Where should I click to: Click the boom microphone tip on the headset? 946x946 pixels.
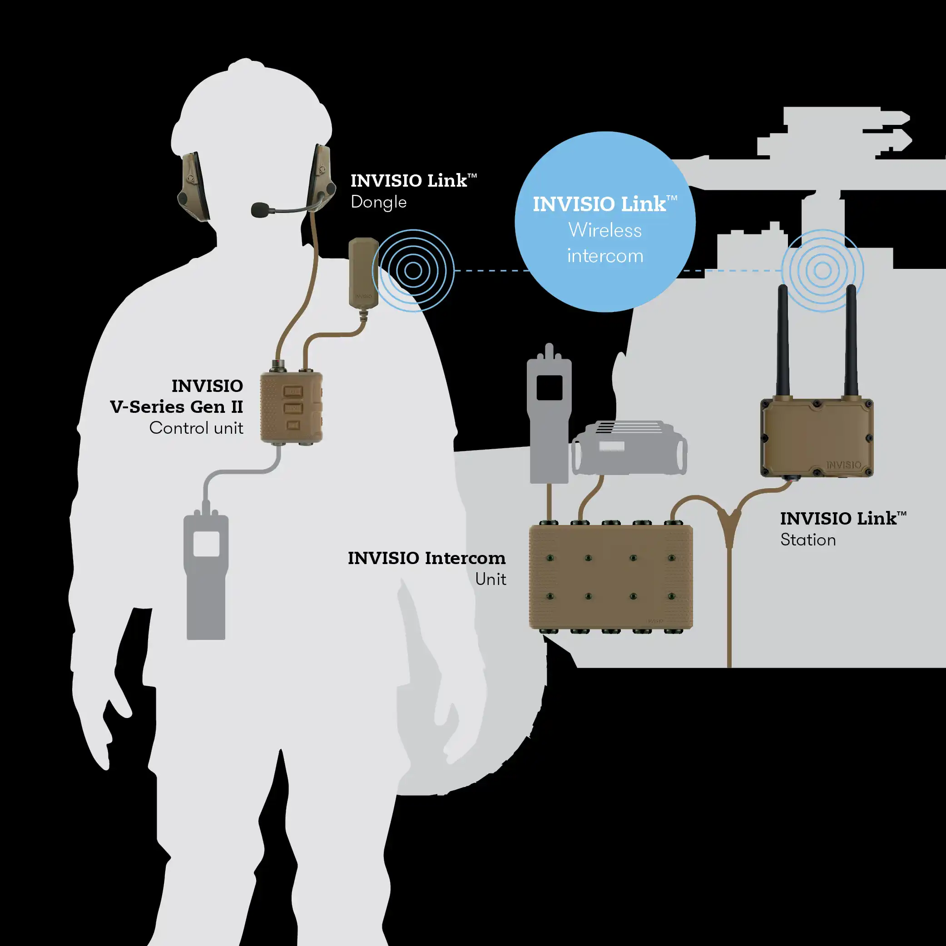coord(259,210)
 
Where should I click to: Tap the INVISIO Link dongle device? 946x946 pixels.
coord(363,272)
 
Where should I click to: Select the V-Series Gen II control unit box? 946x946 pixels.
coord(292,407)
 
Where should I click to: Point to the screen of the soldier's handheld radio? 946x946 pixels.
coord(206,544)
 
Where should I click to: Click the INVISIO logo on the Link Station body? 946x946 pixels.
coord(843,464)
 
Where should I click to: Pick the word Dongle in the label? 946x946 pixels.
coord(378,202)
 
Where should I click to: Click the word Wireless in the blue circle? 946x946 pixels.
coord(605,230)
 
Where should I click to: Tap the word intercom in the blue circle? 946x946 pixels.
coord(605,256)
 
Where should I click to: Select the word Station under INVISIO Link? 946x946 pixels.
coord(808,540)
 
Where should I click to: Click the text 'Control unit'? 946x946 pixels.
coord(196,428)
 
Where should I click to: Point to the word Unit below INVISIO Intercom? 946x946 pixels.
coord(490,579)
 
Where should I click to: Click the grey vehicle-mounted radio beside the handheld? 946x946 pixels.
coord(629,448)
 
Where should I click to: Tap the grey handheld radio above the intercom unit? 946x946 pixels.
coord(550,416)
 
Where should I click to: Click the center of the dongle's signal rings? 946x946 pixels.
coord(413,271)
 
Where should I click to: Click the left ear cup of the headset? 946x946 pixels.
coord(193,186)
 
